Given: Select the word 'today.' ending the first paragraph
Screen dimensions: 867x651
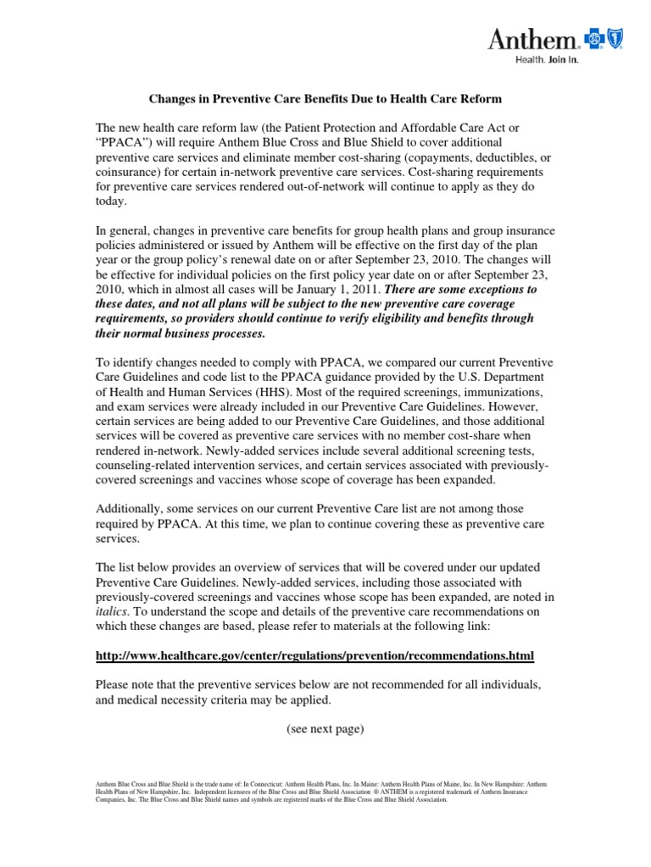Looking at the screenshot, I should [110, 202].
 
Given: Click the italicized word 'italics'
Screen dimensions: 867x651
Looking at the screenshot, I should [112, 610].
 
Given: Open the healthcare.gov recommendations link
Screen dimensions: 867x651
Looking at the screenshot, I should [314, 655].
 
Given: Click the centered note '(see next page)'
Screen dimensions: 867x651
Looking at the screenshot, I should [325, 730].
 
